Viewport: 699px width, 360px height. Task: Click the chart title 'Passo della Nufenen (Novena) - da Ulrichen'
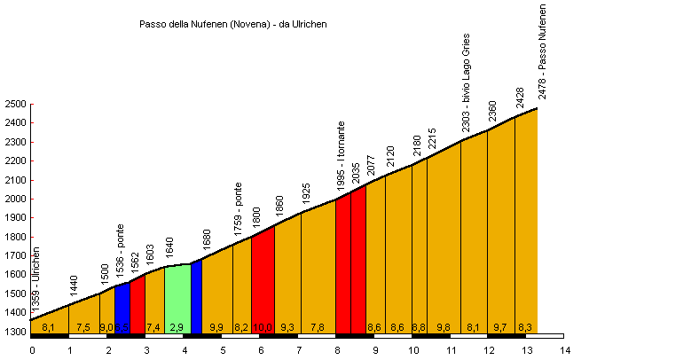[233, 24]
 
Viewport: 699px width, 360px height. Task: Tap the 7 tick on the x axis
[299, 350]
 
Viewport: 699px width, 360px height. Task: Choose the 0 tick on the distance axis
[32, 350]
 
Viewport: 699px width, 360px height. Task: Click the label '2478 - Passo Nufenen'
[542, 51]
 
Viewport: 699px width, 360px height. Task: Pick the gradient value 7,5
[83, 327]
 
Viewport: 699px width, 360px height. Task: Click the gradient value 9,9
[216, 327]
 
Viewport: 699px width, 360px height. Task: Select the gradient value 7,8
[317, 327]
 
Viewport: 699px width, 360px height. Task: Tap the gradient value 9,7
[500, 327]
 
